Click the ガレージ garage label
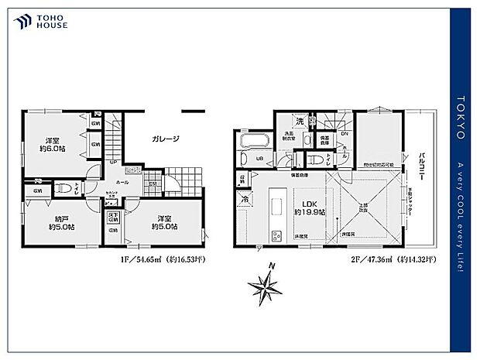(166, 139)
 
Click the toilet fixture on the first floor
(65, 187)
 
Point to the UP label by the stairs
(112, 163)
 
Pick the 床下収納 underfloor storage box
(114, 217)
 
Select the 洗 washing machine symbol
(298, 122)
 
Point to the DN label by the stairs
(345, 133)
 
